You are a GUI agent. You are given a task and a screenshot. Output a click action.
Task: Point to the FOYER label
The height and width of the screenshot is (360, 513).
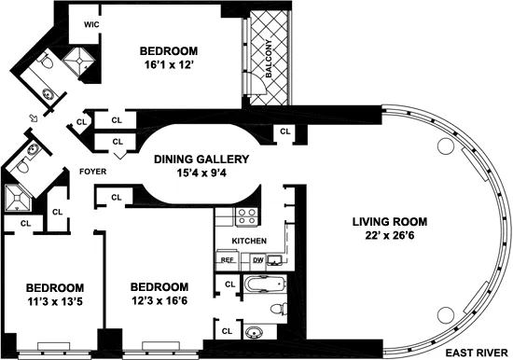tap(91, 172)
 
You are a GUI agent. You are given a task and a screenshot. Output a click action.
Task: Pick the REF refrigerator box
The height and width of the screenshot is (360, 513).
tap(227, 261)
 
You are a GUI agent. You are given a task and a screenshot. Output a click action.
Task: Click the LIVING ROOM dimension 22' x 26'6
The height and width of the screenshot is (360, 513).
tap(390, 237)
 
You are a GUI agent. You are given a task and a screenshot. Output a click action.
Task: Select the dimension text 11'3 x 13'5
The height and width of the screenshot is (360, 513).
tap(55, 302)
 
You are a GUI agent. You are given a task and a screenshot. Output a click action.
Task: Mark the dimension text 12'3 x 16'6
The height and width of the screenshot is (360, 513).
tap(159, 302)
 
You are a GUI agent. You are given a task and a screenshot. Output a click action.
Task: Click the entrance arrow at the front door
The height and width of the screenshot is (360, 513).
tap(35, 118)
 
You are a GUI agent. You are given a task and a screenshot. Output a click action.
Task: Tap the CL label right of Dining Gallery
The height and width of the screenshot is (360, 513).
tap(284, 132)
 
